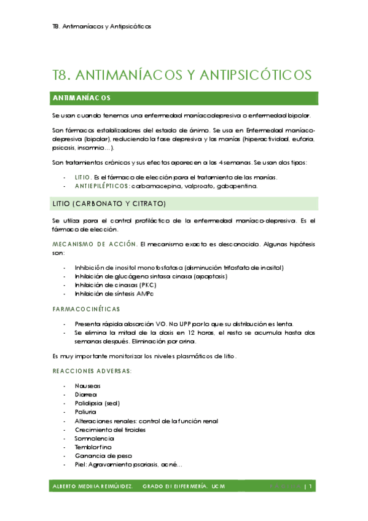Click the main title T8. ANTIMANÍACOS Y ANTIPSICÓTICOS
pos(182,75)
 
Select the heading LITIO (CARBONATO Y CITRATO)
pos(109,203)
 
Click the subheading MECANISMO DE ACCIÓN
pos(95,244)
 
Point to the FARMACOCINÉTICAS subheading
pos(86,308)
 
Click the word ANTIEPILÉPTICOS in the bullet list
pos(101,186)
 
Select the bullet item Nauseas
pos(87,386)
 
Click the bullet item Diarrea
pos(86,394)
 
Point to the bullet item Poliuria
pos(86,412)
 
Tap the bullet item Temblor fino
pos(92,448)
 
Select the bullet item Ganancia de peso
pos(100,456)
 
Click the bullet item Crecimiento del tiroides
pos(111,430)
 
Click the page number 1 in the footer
pos(311,487)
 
